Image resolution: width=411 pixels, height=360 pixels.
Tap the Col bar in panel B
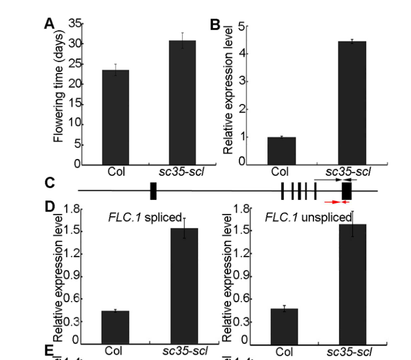(x=281, y=150)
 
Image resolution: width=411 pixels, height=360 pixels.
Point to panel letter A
(x=50, y=24)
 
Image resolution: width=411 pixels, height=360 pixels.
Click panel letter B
(x=214, y=24)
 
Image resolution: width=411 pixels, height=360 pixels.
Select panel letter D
(x=50, y=209)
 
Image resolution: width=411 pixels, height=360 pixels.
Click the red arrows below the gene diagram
(x=339, y=202)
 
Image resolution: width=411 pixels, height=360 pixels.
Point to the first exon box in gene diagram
(x=153, y=190)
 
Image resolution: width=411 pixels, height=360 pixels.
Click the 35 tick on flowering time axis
(x=75, y=24)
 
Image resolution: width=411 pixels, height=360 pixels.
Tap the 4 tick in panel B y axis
(x=241, y=54)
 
